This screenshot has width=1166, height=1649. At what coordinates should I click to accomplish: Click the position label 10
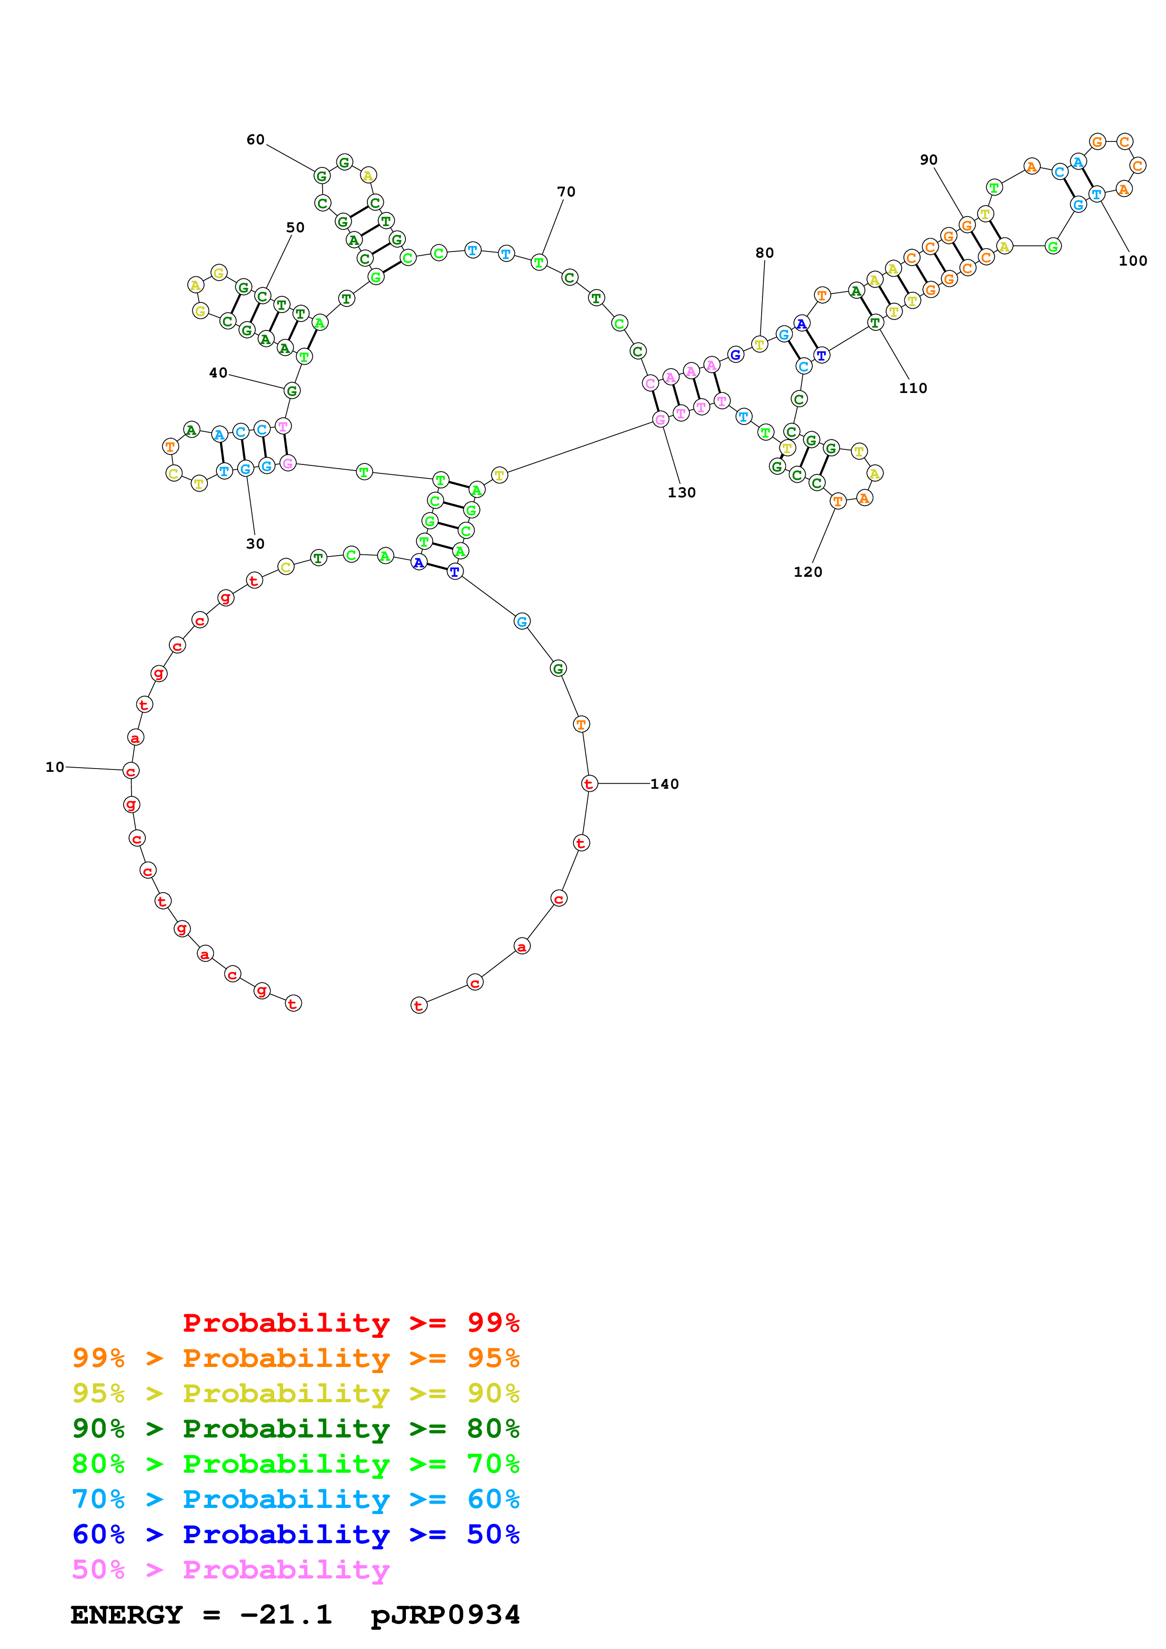pyautogui.click(x=55, y=767)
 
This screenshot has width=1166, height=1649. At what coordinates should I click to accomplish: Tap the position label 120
pyautogui.click(x=808, y=572)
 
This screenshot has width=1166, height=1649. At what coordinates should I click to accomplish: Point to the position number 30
pyautogui.click(x=255, y=544)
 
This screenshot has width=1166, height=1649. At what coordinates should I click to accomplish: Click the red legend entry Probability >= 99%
pyautogui.click(x=350, y=1322)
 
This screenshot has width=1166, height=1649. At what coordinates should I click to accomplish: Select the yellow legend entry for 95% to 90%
pyautogui.click(x=295, y=1393)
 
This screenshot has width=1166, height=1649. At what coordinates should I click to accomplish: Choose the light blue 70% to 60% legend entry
pyautogui.click(x=295, y=1499)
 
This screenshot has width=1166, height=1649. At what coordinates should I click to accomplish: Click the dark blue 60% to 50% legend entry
pyautogui.click(x=295, y=1534)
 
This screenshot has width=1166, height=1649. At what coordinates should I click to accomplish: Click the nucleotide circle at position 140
pyautogui.click(x=588, y=784)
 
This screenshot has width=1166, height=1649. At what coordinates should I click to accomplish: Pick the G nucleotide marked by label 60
pyautogui.click(x=322, y=176)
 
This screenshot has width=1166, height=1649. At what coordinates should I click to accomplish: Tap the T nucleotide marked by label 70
pyautogui.click(x=539, y=262)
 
